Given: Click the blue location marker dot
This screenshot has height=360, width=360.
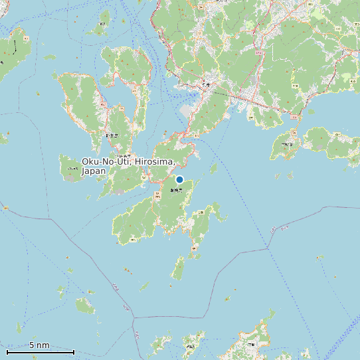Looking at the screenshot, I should click(x=179, y=179).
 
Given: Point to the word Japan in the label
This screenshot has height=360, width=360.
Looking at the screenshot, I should click(x=94, y=171).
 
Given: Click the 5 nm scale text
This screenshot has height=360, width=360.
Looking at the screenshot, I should click(x=39, y=345).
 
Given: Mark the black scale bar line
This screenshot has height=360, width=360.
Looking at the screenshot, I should click(x=40, y=351).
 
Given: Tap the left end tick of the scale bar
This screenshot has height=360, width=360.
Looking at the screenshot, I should click(x=7, y=351).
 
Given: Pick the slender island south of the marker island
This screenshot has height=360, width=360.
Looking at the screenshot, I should click(x=178, y=269).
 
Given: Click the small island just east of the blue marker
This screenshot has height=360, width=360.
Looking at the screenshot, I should click(x=214, y=168).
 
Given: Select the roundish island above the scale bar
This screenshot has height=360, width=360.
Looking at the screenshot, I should click(x=84, y=306).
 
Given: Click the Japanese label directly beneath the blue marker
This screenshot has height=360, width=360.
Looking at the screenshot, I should click(x=175, y=191).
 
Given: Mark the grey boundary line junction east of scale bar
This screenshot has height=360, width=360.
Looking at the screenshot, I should click(x=134, y=317).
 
